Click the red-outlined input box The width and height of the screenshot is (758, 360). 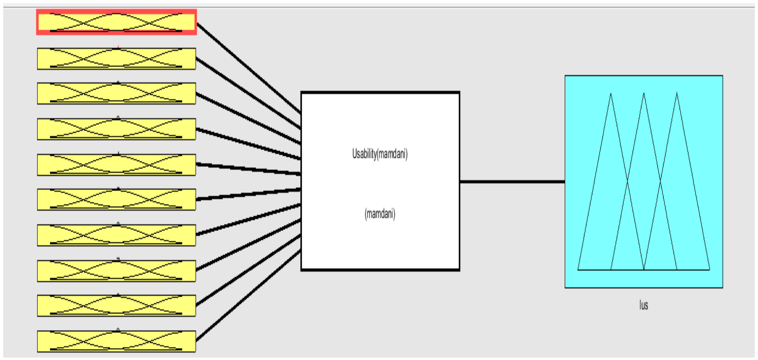[116, 22]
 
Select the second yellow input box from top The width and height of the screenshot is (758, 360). [116, 59]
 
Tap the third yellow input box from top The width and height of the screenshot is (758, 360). [116, 93]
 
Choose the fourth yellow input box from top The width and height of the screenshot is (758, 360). [116, 129]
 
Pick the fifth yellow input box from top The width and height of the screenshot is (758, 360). [116, 164]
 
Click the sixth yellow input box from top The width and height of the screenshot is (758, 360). [116, 199]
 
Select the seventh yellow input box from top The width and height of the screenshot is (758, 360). [116, 235]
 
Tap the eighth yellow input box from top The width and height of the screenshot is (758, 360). [116, 271]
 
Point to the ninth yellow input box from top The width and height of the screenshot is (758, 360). [116, 305]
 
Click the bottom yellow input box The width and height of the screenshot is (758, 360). [116, 341]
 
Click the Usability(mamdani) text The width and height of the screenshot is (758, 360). [380, 154]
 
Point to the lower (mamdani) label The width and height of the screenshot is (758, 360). [380, 214]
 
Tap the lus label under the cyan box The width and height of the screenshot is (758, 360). [643, 305]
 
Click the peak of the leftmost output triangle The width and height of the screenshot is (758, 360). [611, 94]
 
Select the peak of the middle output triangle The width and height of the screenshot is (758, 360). [644, 94]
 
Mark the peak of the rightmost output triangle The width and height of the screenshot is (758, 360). [677, 94]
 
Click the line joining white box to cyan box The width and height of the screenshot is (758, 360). [512, 182]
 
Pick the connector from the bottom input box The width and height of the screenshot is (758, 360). [248, 296]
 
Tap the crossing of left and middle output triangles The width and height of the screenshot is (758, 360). [627, 182]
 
